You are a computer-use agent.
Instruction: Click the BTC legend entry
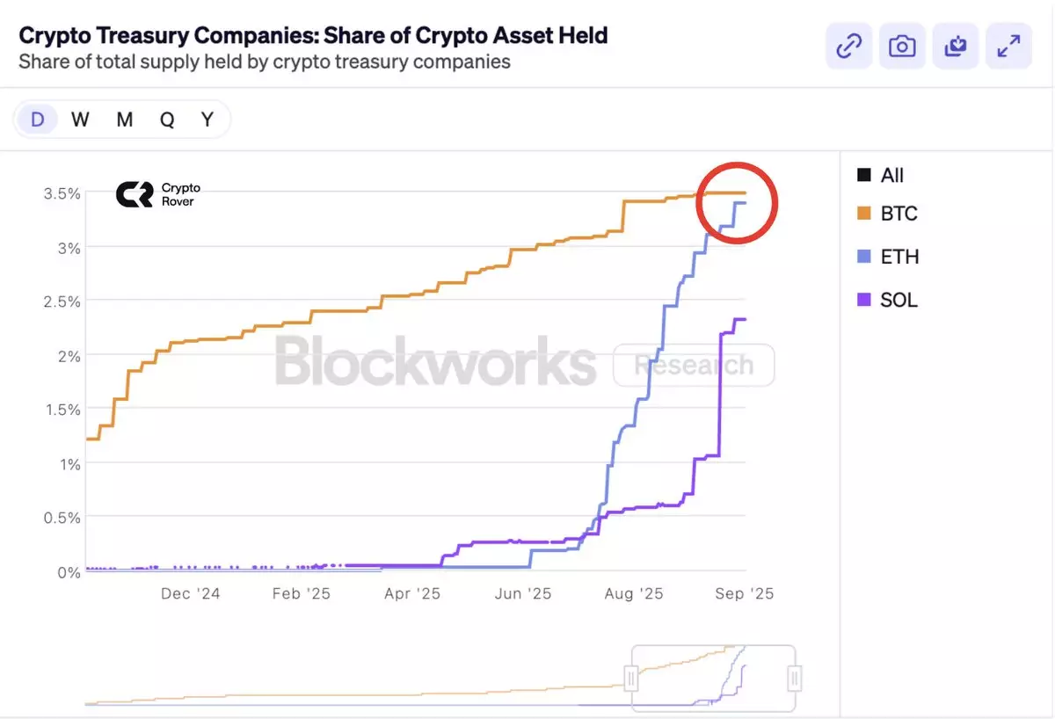tap(888, 214)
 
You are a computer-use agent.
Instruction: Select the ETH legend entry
tap(888, 257)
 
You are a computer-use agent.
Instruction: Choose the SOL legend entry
tap(888, 300)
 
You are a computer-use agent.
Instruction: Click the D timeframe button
tap(37, 120)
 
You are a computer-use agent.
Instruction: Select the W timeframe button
tap(80, 120)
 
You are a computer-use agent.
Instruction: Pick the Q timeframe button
tap(167, 120)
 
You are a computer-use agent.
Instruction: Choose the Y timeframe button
tap(207, 120)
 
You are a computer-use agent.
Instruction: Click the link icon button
tap(848, 46)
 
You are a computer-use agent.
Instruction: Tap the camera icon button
tap(902, 46)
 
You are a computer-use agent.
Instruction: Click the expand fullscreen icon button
tap(1008, 46)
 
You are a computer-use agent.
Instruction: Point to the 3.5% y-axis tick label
tap(62, 193)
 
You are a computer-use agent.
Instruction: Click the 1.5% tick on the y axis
tap(62, 410)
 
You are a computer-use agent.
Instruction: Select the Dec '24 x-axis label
tap(190, 594)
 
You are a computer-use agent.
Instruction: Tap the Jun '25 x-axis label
tap(522, 594)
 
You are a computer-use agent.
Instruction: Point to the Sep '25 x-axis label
tap(744, 594)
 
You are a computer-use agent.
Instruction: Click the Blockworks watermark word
tap(435, 361)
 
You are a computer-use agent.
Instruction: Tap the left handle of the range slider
tap(631, 678)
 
